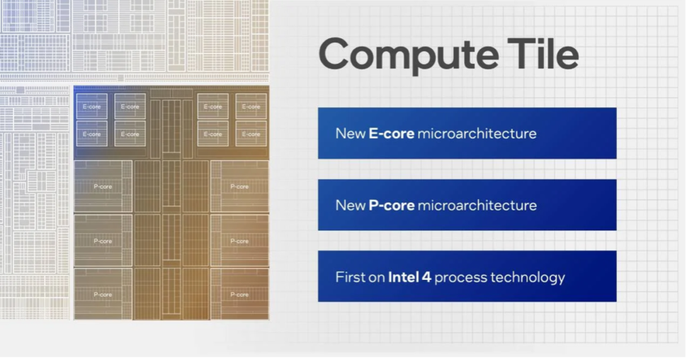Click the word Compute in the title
coord(409,55)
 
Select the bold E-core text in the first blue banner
coord(391,133)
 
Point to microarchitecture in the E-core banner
coord(477,133)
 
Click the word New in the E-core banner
coord(351,133)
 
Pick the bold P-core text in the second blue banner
coord(392,206)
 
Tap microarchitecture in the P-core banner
coord(477,206)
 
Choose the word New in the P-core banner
coord(351,206)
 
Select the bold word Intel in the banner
coord(403,276)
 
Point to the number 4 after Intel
coord(426,277)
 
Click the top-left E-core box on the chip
coord(91,106)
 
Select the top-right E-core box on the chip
coord(251,106)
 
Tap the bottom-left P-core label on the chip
coord(103,295)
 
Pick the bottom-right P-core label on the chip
coord(239,295)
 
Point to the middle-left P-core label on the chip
coord(103,241)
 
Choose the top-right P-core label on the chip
coord(239,187)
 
